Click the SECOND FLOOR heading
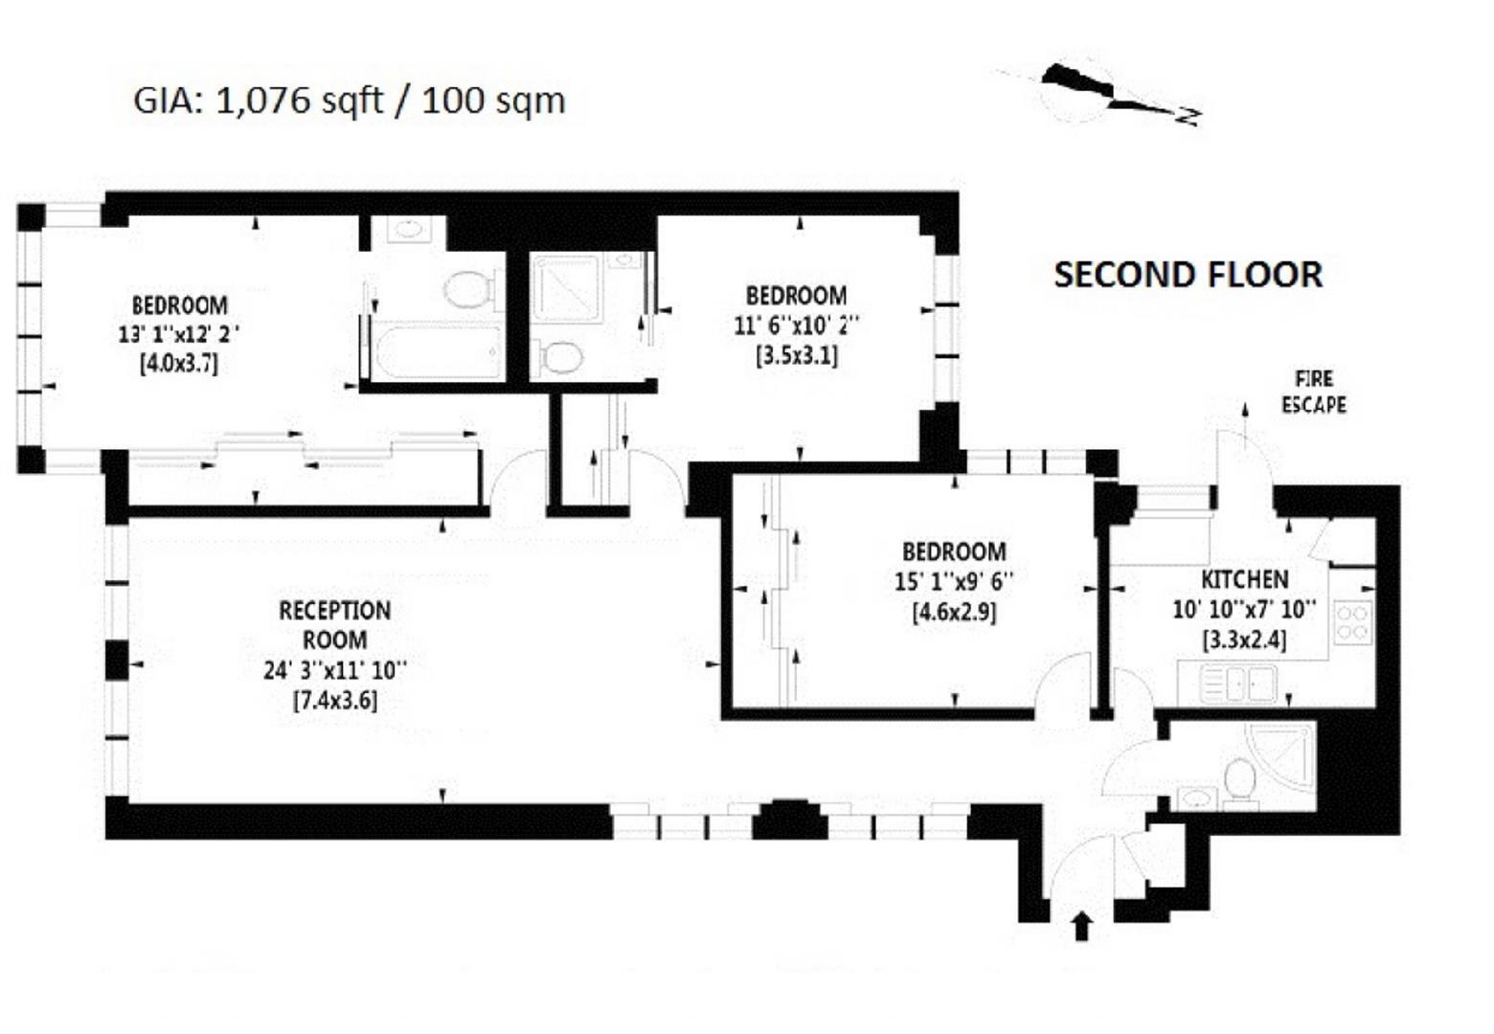tap(1188, 276)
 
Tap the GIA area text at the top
tap(350, 101)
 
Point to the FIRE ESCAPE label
tap(1313, 392)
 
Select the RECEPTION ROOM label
tap(334, 624)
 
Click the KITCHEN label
tap(1244, 579)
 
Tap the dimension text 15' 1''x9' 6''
tap(954, 581)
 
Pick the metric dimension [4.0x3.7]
tap(179, 364)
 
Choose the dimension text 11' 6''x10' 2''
tap(796, 326)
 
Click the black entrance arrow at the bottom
tap(1082, 926)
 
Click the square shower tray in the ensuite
tap(568, 287)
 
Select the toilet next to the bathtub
tap(469, 288)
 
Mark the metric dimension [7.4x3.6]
tap(334, 700)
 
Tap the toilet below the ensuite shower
tap(560, 359)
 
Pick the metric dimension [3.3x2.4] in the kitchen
tap(1244, 640)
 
